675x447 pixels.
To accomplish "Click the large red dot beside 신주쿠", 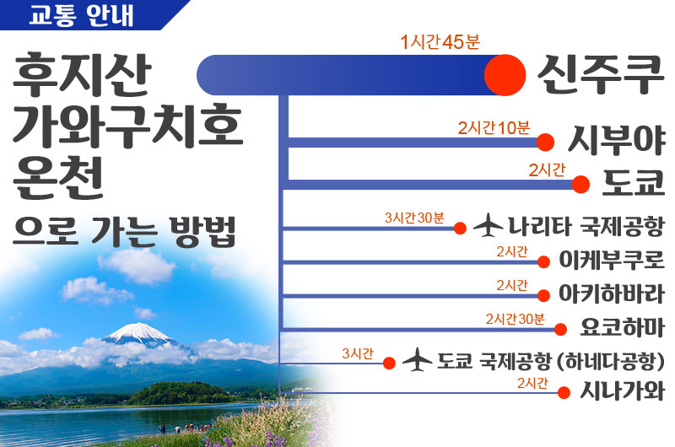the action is [505, 75].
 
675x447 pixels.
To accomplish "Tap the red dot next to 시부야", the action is [545, 143].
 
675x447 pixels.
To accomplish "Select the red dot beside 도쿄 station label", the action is [580, 185].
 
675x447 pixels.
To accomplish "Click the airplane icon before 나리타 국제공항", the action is [488, 225].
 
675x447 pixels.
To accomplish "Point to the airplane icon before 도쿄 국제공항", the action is [417, 359].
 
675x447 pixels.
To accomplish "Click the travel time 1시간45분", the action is [440, 42].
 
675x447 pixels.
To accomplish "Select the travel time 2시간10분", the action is [494, 128].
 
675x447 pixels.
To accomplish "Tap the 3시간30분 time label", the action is [414, 218].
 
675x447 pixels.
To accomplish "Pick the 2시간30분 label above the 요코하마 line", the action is [516, 319].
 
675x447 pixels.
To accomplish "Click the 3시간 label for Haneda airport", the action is [357, 353].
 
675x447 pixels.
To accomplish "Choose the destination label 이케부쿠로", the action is [611, 260].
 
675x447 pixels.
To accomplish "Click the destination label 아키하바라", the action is [611, 294].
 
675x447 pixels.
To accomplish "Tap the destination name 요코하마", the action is [622, 328].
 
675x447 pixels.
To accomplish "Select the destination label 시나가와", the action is [622, 391].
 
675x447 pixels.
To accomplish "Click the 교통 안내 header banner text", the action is [81, 14].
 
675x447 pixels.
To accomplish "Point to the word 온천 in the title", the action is [57, 177].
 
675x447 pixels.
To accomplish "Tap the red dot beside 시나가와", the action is [564, 392].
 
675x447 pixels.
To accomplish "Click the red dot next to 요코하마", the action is [560, 330].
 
